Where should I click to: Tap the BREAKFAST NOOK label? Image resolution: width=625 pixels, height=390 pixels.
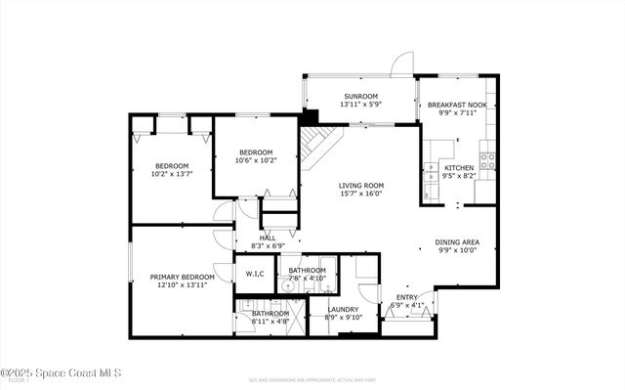[x=457, y=105]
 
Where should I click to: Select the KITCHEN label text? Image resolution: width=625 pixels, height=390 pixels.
[x=459, y=168]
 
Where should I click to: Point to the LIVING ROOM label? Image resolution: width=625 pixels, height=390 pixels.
[x=361, y=185]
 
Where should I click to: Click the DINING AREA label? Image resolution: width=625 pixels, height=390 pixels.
[x=457, y=241]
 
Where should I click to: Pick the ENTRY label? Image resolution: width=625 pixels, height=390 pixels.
[x=406, y=297]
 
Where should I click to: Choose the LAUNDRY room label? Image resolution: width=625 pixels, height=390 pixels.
[x=343, y=309]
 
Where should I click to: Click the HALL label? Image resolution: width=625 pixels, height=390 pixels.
[x=268, y=238]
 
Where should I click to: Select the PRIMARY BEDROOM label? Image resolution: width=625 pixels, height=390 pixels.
[x=183, y=277]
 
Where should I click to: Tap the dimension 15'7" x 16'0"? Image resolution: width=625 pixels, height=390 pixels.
[x=361, y=194]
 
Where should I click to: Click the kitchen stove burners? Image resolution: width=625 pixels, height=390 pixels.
[x=486, y=160]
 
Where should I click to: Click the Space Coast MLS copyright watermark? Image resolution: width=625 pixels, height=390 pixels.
[x=61, y=372]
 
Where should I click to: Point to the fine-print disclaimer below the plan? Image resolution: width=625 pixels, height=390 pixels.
[x=312, y=376]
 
